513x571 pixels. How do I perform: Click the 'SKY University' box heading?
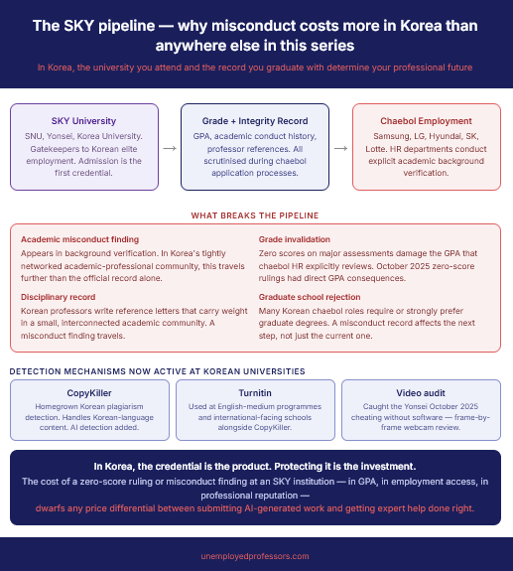coord(83,121)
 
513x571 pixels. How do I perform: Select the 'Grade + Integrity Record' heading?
coord(255,121)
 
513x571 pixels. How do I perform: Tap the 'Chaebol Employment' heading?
coord(426,121)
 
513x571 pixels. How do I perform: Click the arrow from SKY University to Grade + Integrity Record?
coord(170,148)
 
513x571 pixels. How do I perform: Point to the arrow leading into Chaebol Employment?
coord(340,148)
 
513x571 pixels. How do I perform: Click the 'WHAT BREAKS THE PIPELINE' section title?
coord(255,215)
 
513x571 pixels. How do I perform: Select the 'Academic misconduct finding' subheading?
coord(79,239)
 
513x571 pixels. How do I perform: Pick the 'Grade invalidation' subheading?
coord(295,239)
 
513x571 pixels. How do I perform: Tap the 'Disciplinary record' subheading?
coord(58,297)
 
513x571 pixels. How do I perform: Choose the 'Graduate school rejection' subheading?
coord(310,297)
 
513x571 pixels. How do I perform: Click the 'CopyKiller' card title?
coord(89,393)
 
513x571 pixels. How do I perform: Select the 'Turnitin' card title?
coord(255,393)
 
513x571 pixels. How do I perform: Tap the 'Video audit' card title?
coord(421,393)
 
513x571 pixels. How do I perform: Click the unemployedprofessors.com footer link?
coord(255,556)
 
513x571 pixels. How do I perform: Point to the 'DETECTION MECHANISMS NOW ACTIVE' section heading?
coord(157,371)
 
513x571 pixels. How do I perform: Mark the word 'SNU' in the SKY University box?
coord(33,136)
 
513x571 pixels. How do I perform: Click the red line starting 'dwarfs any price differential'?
coord(255,508)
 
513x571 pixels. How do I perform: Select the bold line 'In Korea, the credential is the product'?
coord(255,467)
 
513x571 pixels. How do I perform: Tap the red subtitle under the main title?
coord(255,68)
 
